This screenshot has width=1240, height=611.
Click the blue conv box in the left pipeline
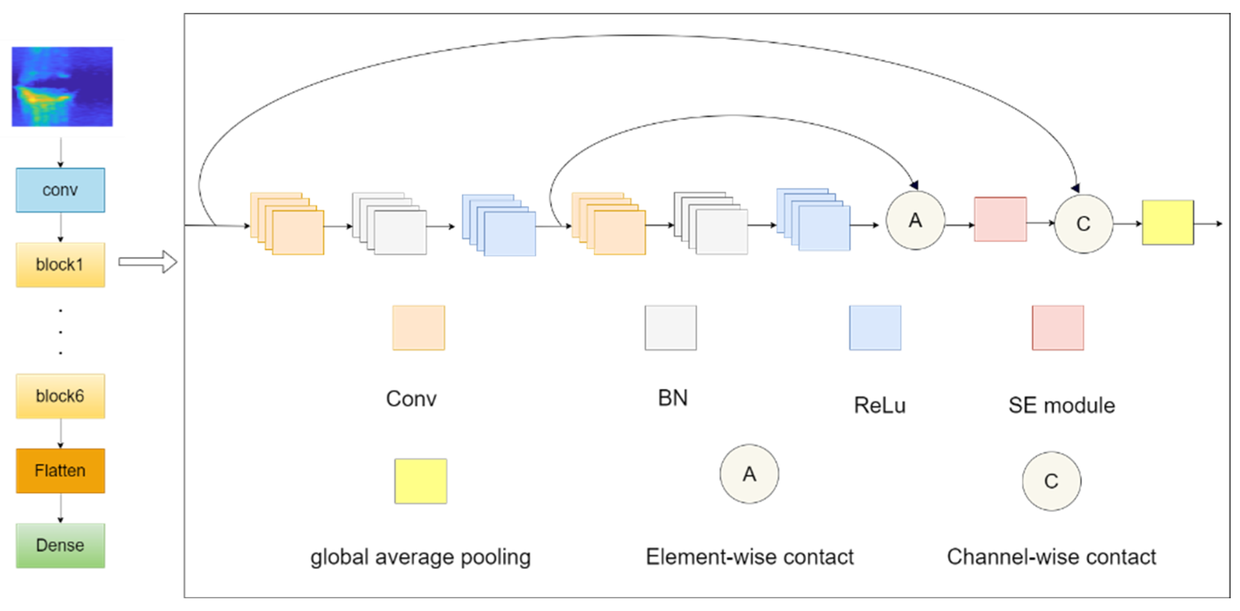pyautogui.click(x=60, y=190)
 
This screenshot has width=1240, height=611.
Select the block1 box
pyautogui.click(x=60, y=265)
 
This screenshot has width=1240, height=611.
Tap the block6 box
pyautogui.click(x=60, y=396)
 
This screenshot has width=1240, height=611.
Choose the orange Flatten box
pyautogui.click(x=60, y=470)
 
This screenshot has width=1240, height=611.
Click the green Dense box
pyautogui.click(x=60, y=545)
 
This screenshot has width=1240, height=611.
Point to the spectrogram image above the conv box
pyautogui.click(x=62, y=87)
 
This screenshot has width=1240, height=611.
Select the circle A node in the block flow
pyautogui.click(x=915, y=220)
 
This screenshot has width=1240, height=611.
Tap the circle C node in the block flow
pyautogui.click(x=1083, y=224)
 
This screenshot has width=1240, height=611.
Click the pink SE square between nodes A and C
pyautogui.click(x=1000, y=219)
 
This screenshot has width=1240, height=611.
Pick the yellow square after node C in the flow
pyautogui.click(x=1168, y=222)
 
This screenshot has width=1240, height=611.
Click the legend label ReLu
pyautogui.click(x=879, y=405)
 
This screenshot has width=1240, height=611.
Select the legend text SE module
pyautogui.click(x=1061, y=405)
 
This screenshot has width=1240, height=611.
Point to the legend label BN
pyautogui.click(x=672, y=398)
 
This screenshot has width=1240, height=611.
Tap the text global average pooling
pyautogui.click(x=420, y=557)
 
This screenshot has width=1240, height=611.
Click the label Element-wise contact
pyautogui.click(x=749, y=557)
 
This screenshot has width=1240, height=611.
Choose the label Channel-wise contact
pyautogui.click(x=1051, y=557)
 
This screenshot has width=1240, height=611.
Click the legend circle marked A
pyautogui.click(x=749, y=474)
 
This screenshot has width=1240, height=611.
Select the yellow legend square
pyautogui.click(x=420, y=481)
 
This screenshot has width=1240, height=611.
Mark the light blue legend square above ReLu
pyautogui.click(x=874, y=328)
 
